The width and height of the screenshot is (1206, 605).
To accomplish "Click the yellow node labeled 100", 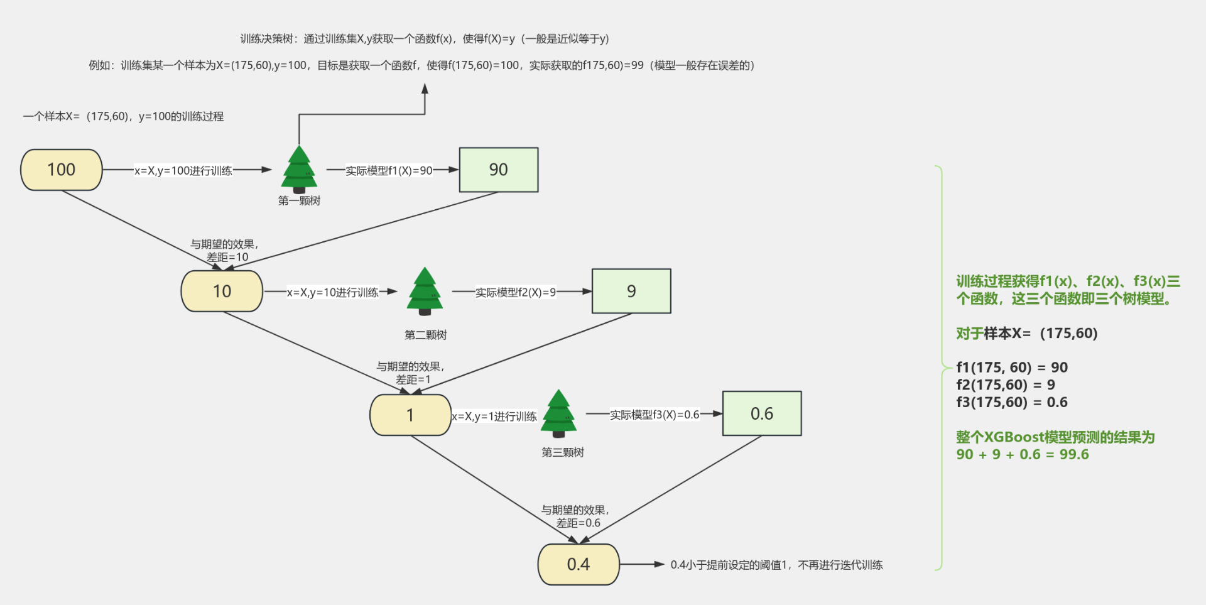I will coord(62,170).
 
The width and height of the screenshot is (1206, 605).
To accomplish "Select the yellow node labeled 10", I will coord(222,291).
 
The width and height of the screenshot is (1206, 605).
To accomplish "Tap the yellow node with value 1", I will coord(410,415).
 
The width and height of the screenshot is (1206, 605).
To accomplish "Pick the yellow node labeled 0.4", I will coord(579,564).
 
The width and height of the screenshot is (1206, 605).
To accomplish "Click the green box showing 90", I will coord(499,170).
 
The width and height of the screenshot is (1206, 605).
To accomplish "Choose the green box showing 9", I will coord(631,291).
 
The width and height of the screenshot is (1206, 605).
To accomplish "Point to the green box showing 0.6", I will coord(762,413).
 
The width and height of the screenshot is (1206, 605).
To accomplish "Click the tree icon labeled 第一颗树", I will coord(299,170).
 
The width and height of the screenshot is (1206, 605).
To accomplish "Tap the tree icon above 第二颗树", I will coord(425,291).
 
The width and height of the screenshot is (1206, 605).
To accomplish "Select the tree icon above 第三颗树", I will coord(558,413).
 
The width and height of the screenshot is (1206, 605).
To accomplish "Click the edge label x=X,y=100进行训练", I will coord(183,170).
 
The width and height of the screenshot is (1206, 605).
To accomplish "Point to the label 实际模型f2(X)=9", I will coord(515,292).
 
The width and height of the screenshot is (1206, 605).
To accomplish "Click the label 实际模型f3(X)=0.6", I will coord(654,415).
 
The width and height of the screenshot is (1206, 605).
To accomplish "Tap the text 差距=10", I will coord(227,258).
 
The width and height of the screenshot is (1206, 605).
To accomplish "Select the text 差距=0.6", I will coord(578,523).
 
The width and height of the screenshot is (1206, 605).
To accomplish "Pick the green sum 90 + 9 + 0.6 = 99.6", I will coord(1022,454).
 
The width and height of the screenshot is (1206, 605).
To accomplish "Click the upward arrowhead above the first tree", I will coord(425,89).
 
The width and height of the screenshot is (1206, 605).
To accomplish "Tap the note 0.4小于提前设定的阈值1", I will coord(729,565).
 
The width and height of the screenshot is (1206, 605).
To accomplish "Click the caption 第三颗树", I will coord(563,452).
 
